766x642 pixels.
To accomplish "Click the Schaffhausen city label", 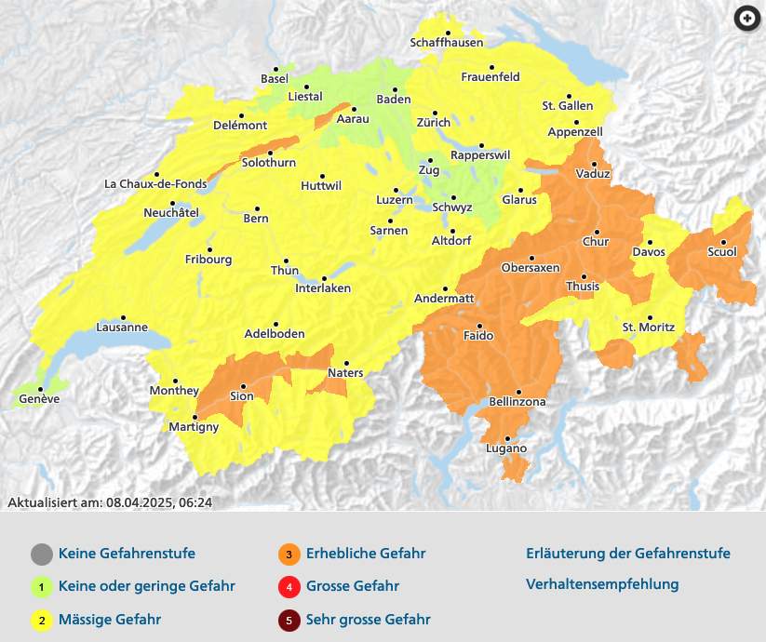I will coord(447,43).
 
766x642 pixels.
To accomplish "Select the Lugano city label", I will coord(506,448).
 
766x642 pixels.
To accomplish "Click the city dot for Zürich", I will coord(434,112).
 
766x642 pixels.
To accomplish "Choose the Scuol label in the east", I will coord(722,252).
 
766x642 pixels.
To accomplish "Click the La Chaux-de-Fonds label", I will coord(155,184).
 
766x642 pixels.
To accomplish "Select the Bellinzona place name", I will coord(517,402).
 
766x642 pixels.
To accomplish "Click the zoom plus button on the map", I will coord(746,19).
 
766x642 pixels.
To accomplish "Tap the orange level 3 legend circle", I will coord(289,555).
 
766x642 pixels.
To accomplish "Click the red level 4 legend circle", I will coord(289,587).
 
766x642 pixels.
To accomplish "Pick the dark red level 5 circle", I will coord(289,620).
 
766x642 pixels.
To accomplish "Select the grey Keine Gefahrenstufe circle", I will coord(41,555).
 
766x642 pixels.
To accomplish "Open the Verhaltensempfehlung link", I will coord(602,584).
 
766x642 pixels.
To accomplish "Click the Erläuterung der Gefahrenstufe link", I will coord(627,554).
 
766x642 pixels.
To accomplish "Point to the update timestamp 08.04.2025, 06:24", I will coord(158,502).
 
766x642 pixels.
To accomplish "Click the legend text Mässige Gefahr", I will coord(110,619).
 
